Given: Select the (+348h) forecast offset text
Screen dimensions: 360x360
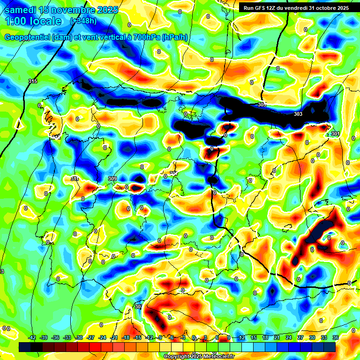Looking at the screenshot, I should pos(83,21).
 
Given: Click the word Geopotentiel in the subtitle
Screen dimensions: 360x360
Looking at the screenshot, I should pos(28,37).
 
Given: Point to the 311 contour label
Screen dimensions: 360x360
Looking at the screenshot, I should pos(75,179).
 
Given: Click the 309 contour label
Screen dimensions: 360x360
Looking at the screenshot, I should pos(112,179).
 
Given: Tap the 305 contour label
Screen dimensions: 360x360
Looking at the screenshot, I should pos(262,105).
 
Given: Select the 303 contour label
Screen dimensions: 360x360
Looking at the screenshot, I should pos(298,114).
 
